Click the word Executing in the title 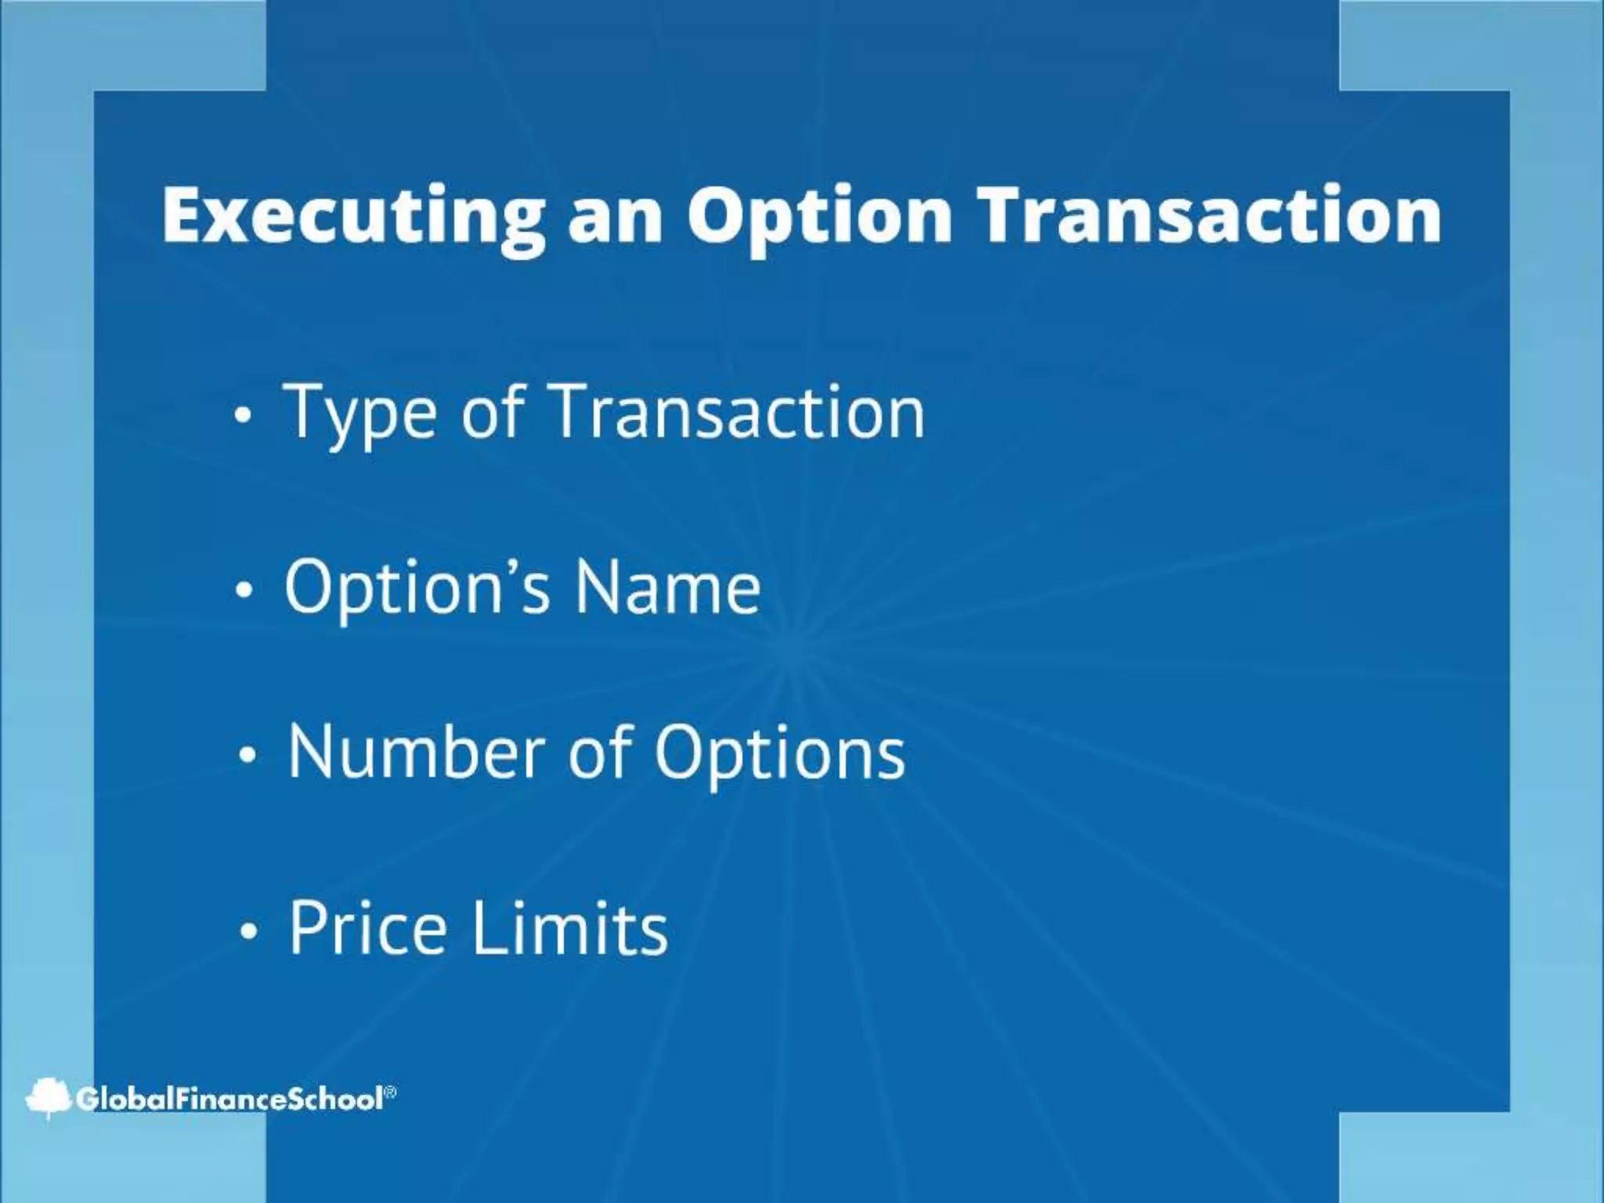[353, 216]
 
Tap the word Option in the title [819, 216]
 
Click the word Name [667, 587]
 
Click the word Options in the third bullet [780, 753]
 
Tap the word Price [369, 927]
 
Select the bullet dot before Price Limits [248, 932]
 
